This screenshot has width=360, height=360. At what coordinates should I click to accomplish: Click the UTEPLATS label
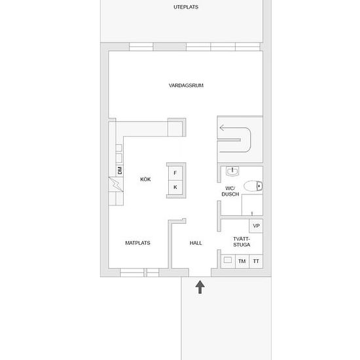point(186,7)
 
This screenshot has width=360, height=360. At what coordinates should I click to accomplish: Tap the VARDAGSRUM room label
point(186,85)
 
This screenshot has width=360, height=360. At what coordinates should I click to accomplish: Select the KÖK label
point(145,179)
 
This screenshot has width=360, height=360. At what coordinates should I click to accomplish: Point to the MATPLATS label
point(137,243)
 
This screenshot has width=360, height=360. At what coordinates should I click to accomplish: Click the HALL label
point(196,243)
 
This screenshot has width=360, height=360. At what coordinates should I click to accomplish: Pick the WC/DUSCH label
point(230,191)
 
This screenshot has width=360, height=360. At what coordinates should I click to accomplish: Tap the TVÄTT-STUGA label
point(242,242)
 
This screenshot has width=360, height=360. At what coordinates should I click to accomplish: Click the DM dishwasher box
point(119,171)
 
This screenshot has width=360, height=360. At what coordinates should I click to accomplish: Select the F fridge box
point(175,173)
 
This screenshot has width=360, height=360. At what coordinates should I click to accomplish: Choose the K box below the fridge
point(175,187)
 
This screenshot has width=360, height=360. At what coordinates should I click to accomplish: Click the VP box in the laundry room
point(256,226)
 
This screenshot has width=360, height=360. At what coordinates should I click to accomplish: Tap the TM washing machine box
point(242,261)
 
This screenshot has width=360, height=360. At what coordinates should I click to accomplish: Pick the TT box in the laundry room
point(256,261)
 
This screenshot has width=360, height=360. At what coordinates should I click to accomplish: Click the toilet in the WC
point(253,186)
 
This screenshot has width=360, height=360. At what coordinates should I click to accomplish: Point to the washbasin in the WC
point(232,171)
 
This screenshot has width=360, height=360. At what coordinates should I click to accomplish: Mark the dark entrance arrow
point(200,287)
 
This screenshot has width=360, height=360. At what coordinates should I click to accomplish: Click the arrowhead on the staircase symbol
point(222,128)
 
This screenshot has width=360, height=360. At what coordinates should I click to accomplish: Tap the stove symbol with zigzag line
point(116,184)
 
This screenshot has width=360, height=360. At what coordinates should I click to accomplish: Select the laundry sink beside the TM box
point(228,261)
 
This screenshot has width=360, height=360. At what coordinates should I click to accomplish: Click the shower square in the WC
point(252,205)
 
